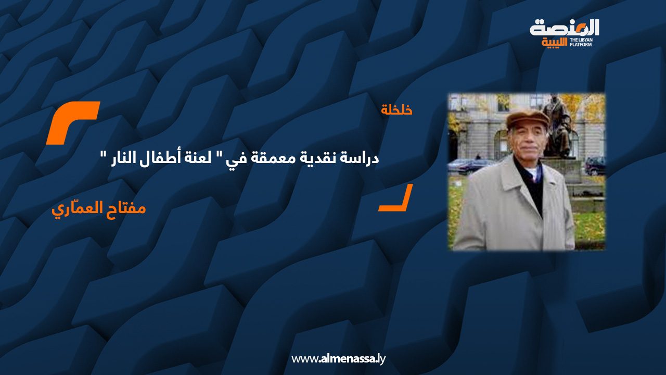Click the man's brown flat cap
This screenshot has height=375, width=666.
click(527, 119)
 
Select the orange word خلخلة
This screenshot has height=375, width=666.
click(396, 110)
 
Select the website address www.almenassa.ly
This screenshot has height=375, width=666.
click(338, 359)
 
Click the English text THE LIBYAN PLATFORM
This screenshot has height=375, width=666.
click(584, 42)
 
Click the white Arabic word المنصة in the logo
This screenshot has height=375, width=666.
click(565, 28)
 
